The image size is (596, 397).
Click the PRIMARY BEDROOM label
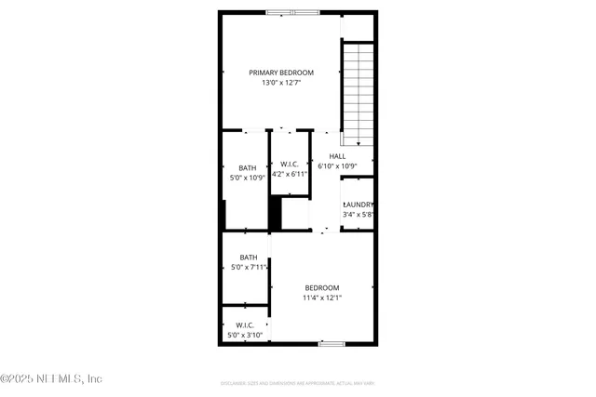click(x=280, y=73)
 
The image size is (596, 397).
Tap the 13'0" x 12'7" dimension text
click(x=280, y=83)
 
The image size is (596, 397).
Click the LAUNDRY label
click(x=359, y=205)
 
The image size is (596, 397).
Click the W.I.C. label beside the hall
click(x=289, y=164)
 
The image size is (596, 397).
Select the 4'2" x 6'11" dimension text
click(x=289, y=174)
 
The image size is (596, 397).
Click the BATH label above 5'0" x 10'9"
click(x=247, y=168)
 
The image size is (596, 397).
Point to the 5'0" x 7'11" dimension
click(x=249, y=268)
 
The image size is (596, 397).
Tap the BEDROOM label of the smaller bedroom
click(x=321, y=288)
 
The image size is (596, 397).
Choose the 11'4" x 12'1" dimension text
click(x=321, y=298)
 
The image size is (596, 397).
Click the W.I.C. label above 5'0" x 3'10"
click(x=245, y=325)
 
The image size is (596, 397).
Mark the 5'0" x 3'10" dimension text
click(x=245, y=336)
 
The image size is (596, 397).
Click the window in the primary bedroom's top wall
click(x=292, y=13)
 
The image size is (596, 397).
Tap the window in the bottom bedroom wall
click(x=332, y=344)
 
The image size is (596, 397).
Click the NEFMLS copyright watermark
click(x=51, y=378)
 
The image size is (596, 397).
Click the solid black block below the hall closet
click(x=275, y=214)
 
